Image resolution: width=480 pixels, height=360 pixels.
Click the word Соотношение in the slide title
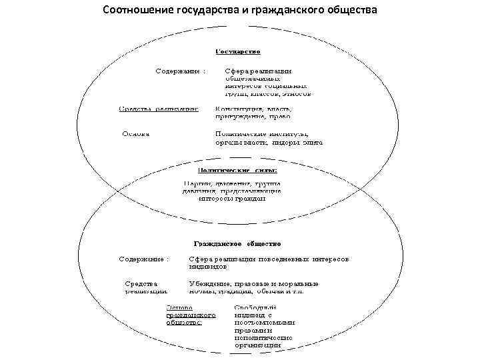pyautogui.click(x=138, y=11)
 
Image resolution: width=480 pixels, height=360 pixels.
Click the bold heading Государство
pyautogui.click(x=237, y=51)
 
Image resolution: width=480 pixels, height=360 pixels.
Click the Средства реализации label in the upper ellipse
pyautogui.click(x=159, y=109)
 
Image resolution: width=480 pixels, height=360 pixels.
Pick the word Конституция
pyautogui.click(x=237, y=109)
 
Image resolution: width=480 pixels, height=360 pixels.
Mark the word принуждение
pyautogui.click(x=238, y=117)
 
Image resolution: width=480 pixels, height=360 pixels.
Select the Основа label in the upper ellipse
pyautogui.click(x=135, y=133)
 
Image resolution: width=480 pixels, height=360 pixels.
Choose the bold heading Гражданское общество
pyautogui.click(x=237, y=244)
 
